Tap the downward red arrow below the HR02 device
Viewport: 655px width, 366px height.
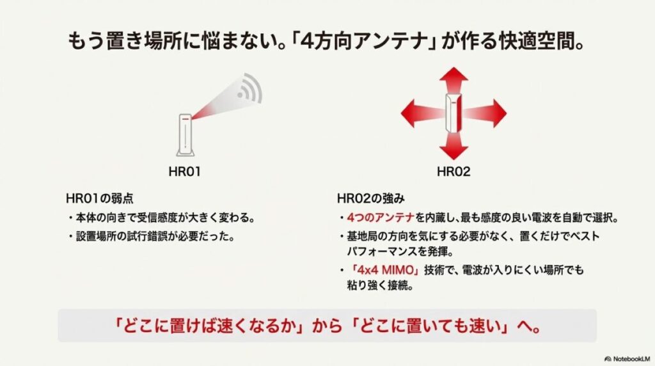(x=454, y=147)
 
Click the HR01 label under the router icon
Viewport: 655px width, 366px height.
(x=185, y=171)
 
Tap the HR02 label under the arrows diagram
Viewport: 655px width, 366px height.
(x=454, y=171)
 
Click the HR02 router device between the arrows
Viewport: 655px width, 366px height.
(x=454, y=113)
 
